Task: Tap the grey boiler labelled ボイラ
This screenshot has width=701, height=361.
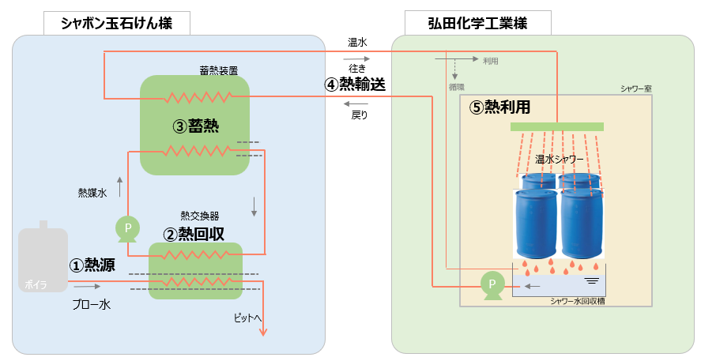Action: point(43,261)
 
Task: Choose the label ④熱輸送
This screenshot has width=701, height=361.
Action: point(356,85)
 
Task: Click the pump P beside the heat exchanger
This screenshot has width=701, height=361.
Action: point(127,228)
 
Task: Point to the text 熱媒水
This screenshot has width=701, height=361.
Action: point(92,192)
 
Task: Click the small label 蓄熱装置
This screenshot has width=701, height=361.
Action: point(217,70)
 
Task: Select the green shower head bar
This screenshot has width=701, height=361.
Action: point(556,126)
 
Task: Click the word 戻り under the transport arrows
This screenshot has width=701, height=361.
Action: point(359,115)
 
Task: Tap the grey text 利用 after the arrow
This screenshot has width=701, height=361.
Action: point(490,61)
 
